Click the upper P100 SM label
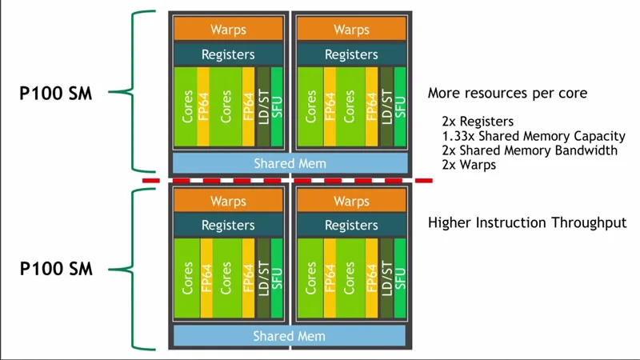[x=56, y=94]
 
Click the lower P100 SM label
[x=56, y=269]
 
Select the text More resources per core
[x=507, y=94]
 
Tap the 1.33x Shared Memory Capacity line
[x=533, y=136]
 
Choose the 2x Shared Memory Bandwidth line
[x=529, y=150]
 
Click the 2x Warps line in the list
[x=468, y=165]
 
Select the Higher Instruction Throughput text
[x=527, y=222]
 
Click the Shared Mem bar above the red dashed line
[x=290, y=163]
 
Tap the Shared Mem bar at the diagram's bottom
[x=290, y=336]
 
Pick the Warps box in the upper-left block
[x=228, y=30]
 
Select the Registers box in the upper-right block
[x=351, y=54]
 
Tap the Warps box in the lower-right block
[x=351, y=202]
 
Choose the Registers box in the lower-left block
[x=228, y=226]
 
